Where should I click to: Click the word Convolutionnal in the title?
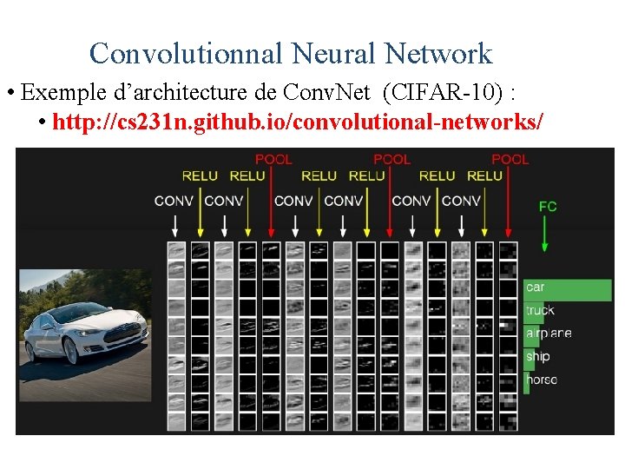[187, 54]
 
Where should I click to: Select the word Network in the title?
[439, 54]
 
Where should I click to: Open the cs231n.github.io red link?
[299, 121]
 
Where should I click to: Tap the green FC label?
[548, 207]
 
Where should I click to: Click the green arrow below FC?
[545, 234]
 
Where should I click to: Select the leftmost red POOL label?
[273, 160]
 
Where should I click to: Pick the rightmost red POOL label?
[510, 160]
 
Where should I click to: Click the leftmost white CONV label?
[174, 201]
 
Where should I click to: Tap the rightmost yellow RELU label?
[484, 176]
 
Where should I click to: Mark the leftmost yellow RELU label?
[200, 176]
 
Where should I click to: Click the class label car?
[536, 287]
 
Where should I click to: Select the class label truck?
[539, 310]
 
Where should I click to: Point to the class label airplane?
[549, 334]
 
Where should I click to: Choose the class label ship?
[537, 356]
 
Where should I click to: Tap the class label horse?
[541, 380]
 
